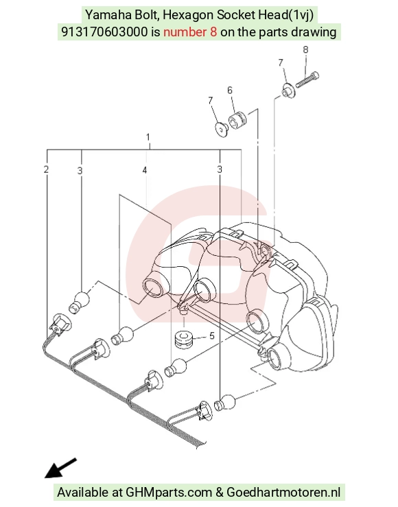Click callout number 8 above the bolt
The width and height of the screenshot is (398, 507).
(305, 50)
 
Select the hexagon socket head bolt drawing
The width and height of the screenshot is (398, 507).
(307, 79)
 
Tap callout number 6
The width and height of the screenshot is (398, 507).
(230, 90)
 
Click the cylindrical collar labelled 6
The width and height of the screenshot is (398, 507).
(237, 119)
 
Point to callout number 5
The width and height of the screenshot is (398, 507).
(212, 336)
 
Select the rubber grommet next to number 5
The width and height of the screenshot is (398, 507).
(184, 340)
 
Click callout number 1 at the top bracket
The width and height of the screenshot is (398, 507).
(148, 137)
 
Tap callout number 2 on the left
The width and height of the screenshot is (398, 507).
(47, 169)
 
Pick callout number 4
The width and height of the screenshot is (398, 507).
(145, 170)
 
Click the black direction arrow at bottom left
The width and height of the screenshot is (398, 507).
(60, 468)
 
